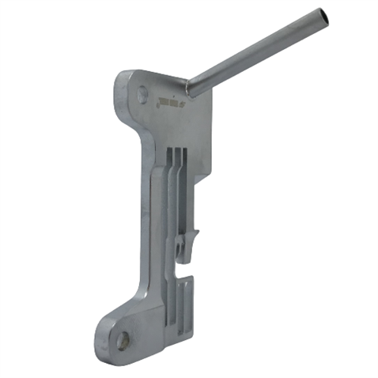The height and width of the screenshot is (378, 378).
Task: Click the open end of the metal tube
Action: tap(321, 14)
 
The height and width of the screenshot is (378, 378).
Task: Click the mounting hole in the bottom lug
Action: tap(123, 341)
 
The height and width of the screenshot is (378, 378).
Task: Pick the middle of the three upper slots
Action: tap(177, 170)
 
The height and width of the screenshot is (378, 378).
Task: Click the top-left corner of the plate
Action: tap(123, 74)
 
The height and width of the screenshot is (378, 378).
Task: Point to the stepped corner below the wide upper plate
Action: tap(204, 176)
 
